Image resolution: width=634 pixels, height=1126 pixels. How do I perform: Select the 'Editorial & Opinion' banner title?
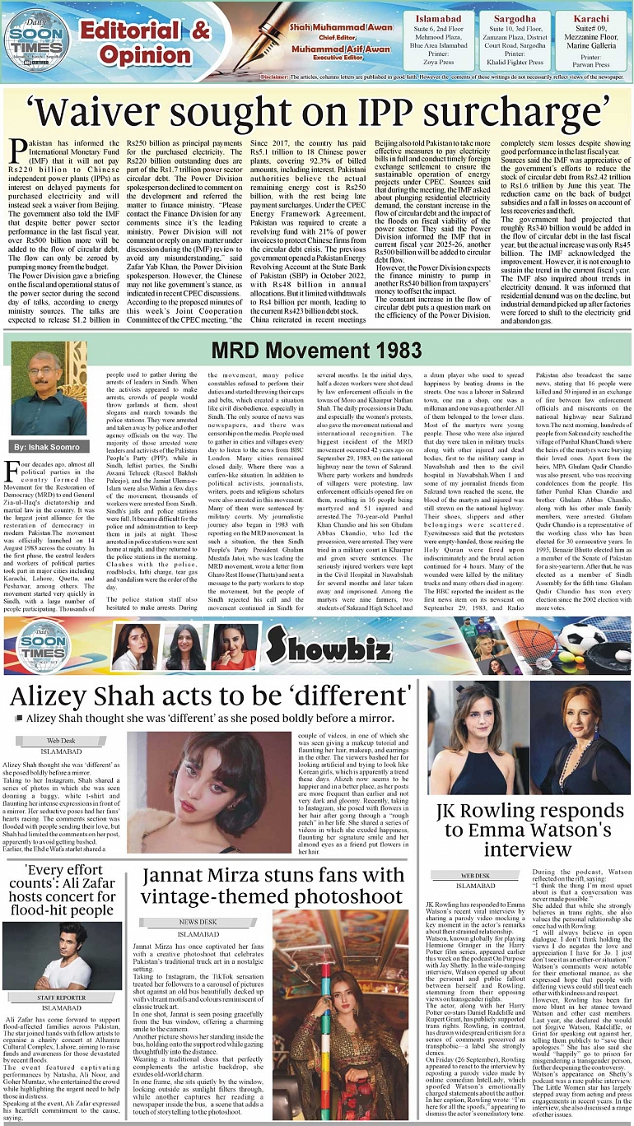[x=145, y=43]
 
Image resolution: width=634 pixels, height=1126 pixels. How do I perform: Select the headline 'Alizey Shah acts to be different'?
[x=211, y=696]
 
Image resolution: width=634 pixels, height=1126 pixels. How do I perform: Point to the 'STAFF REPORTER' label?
[x=63, y=998]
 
